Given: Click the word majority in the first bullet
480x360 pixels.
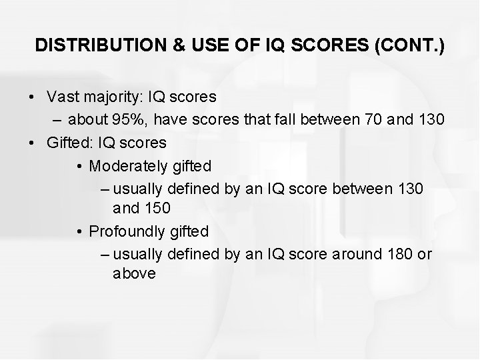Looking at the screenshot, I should coord(107,97).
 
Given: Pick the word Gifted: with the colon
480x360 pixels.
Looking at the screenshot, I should coord(70,142).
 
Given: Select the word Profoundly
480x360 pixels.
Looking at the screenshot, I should coord(125,231).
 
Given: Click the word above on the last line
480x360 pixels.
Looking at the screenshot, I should coord(134,273).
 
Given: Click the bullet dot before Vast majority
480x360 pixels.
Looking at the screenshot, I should coord(33,97).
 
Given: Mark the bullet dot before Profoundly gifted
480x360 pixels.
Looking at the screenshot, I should coord(79,232).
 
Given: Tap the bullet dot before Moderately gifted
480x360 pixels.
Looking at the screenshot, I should coord(79,165).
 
